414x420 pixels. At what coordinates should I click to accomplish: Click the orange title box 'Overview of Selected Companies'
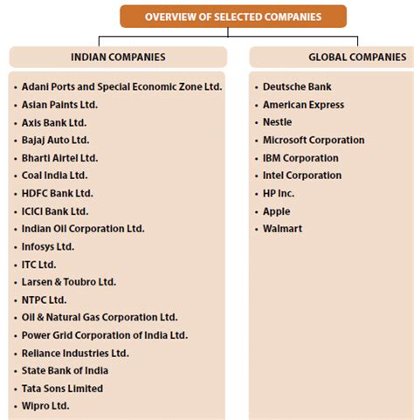pos(233,16)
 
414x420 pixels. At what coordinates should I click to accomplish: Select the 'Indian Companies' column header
pos(118,57)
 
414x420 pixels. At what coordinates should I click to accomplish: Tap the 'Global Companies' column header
pos(356,57)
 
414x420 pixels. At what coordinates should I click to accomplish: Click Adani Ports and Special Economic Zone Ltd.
pos(122,87)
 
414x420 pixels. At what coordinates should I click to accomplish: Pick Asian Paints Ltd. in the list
pos(60,105)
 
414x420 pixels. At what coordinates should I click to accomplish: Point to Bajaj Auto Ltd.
pos(56,140)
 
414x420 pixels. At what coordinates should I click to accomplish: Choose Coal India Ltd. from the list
pos(55,176)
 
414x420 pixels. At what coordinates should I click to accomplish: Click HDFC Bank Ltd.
pos(58,193)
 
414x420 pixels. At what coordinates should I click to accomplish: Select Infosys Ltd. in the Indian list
pos(48,246)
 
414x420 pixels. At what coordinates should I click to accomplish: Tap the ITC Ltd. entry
pos(39,265)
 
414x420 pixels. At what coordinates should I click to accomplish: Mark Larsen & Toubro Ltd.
pos(69,282)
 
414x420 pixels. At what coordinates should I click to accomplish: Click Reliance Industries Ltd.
pos(75,353)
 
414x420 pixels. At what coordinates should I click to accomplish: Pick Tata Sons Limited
pos(63,389)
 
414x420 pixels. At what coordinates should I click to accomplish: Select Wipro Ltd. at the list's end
pos(45,406)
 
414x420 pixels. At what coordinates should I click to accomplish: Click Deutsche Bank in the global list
pos(297,87)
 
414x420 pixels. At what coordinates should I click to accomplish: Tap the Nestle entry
pos(278,122)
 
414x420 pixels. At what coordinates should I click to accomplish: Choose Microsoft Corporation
pos(314,140)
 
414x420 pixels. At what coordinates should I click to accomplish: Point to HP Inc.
pos(279,193)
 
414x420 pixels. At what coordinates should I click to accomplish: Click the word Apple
pos(276,211)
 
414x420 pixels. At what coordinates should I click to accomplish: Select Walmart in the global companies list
pos(282,229)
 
